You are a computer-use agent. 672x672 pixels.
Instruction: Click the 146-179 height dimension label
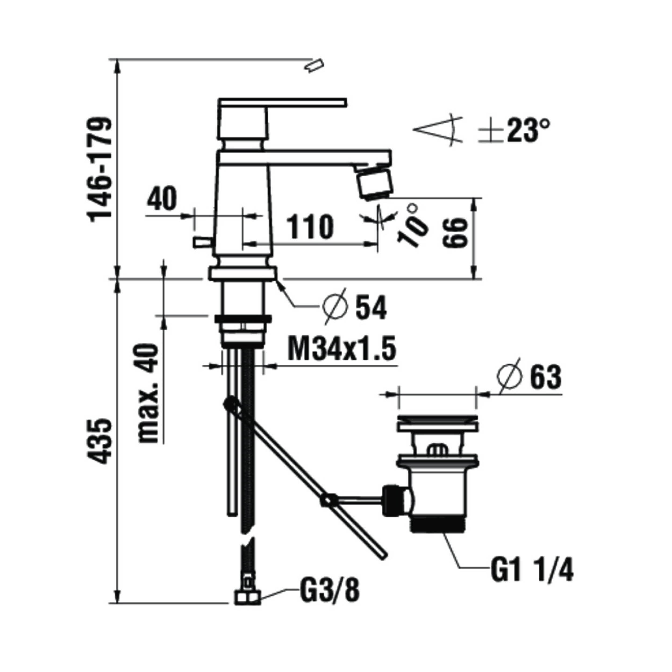(101, 169)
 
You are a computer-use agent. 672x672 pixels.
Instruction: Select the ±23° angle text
(513, 131)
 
